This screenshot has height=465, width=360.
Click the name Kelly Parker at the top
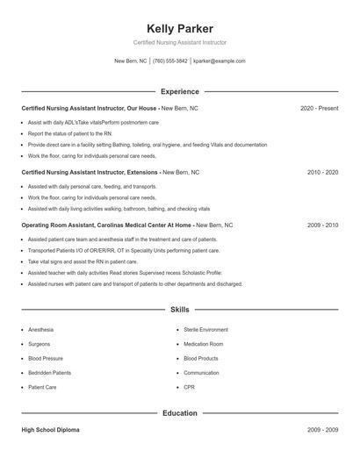click(179, 29)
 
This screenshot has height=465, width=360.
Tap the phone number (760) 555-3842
click(169, 61)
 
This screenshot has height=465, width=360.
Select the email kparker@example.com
click(219, 61)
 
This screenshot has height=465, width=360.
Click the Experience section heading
click(179, 91)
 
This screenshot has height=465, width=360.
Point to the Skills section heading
click(179, 310)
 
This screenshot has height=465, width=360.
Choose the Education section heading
click(179, 413)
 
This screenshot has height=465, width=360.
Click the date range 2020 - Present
click(319, 108)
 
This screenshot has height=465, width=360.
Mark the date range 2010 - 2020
click(322, 173)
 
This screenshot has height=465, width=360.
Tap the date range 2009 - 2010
click(322, 225)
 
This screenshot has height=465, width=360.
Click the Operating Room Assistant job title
click(106, 225)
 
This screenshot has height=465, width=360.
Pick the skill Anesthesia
click(40, 330)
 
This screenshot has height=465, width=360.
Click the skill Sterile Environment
click(205, 330)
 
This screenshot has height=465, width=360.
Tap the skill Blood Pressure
click(45, 359)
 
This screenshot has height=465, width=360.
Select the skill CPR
click(189, 387)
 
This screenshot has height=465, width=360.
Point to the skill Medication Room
click(203, 344)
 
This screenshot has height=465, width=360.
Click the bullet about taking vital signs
click(83, 261)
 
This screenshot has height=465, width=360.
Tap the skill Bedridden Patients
click(49, 373)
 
